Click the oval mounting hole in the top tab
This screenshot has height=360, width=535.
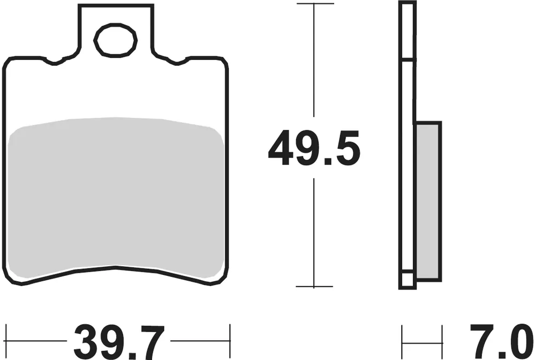[115, 40]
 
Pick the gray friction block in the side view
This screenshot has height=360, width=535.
[428, 200]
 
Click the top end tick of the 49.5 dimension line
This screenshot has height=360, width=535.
[314, 3]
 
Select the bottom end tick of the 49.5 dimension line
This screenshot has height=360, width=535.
[314, 287]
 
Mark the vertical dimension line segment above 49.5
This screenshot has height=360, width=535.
[314, 64]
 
